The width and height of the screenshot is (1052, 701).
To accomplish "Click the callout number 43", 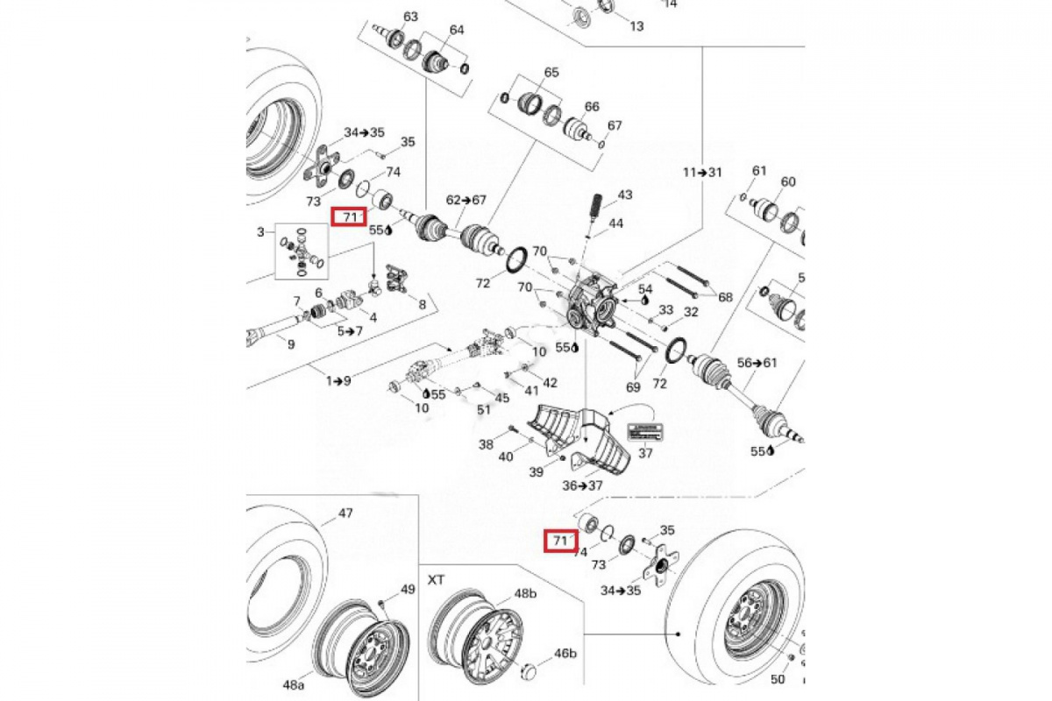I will [625, 194].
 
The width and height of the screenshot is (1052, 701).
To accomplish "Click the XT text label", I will [437, 580].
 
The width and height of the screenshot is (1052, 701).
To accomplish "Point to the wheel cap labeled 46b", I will [529, 672].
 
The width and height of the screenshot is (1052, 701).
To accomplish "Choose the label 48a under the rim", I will [293, 683].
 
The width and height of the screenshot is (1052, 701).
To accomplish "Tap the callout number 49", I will [408, 590].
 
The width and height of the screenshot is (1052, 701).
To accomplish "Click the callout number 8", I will [422, 304].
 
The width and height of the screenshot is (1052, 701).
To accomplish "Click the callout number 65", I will [551, 72].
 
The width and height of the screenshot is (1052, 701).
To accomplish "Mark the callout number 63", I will [410, 17].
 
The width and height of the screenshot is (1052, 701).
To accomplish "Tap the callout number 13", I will [636, 26].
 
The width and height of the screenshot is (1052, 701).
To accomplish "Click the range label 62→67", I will [465, 200].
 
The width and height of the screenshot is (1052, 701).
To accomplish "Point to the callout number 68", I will [725, 297].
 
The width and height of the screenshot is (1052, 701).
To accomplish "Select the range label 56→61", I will [757, 362].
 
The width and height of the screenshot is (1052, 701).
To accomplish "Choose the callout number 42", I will [550, 382].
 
